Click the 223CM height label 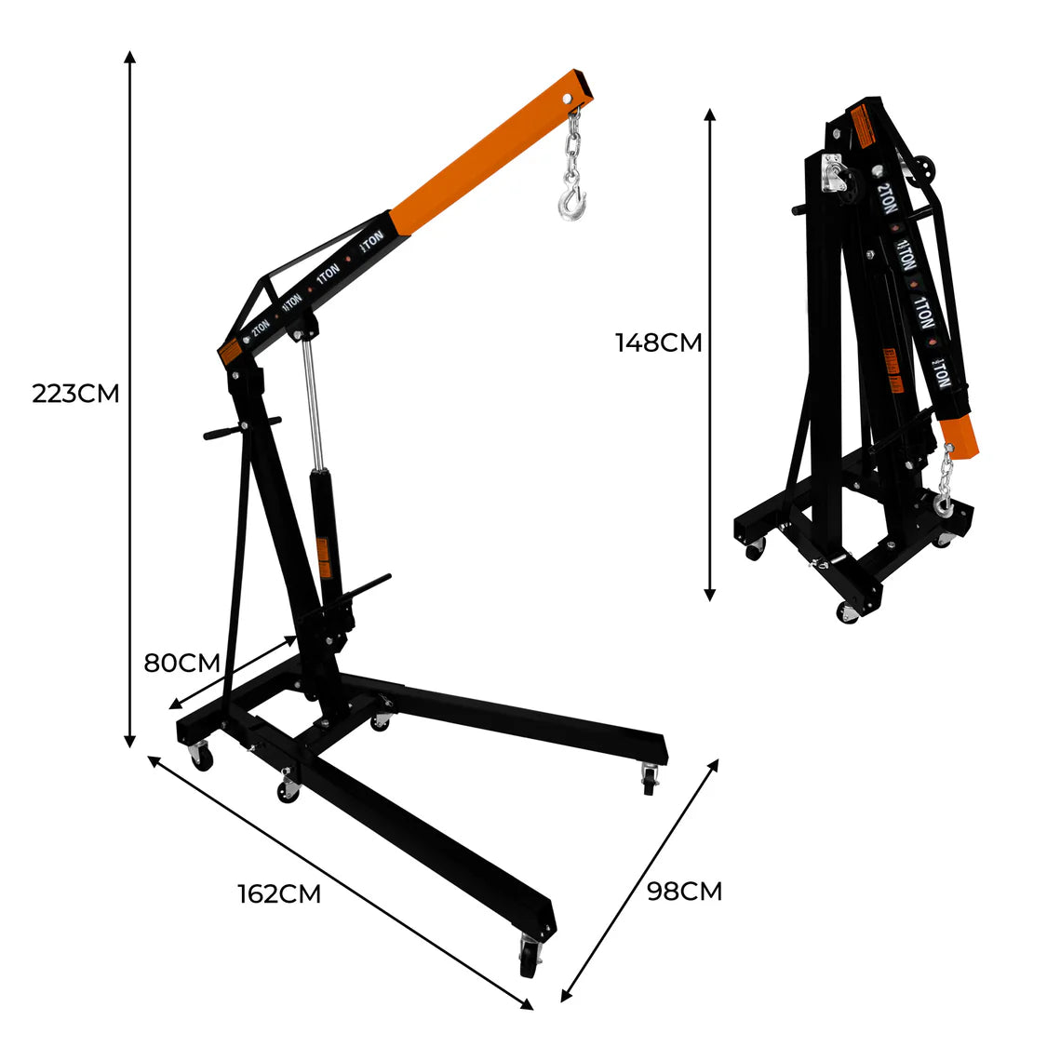(x=76, y=394)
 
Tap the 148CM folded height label (x=658, y=342)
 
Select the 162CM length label (x=279, y=894)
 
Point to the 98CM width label (x=684, y=892)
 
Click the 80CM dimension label (x=181, y=664)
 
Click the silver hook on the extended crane (x=572, y=200)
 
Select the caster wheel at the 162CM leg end (x=530, y=955)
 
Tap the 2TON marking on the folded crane (x=885, y=198)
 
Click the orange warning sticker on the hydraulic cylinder (x=324, y=557)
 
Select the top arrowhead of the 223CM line (x=130, y=56)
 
